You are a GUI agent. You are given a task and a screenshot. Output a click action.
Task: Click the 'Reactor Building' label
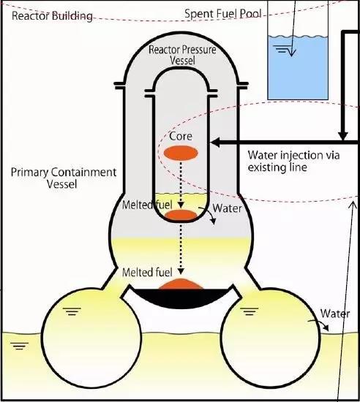52,16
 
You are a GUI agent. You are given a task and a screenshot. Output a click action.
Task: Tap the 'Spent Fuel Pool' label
223,14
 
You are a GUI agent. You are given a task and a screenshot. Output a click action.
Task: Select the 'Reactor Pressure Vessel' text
182,55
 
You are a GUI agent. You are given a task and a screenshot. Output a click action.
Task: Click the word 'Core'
181,136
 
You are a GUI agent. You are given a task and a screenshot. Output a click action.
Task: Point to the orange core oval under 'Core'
181,153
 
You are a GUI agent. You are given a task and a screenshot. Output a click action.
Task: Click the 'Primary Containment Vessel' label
64,178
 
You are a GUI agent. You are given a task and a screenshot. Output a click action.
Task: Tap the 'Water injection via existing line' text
293,162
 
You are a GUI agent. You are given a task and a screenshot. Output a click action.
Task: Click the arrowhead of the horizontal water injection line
215,143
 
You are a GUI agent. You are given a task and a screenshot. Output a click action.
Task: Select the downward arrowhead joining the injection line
343,136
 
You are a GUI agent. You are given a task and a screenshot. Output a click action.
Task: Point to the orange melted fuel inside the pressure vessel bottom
181,215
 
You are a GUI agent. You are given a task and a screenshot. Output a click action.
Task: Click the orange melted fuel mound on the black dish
181,284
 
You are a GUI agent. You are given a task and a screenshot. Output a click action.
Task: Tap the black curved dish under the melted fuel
181,297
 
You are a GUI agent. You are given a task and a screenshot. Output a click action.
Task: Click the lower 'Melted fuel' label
147,273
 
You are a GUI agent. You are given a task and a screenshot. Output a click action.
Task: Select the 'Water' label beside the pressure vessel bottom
227,208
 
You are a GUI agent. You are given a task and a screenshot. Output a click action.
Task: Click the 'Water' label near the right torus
335,314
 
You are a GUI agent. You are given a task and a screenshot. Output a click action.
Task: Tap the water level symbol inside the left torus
72,311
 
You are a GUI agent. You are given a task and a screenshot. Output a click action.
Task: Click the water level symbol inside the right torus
250,311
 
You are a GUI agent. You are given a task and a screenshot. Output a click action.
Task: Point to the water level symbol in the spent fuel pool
282,49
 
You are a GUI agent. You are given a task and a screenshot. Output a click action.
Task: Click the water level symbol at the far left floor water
20,346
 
